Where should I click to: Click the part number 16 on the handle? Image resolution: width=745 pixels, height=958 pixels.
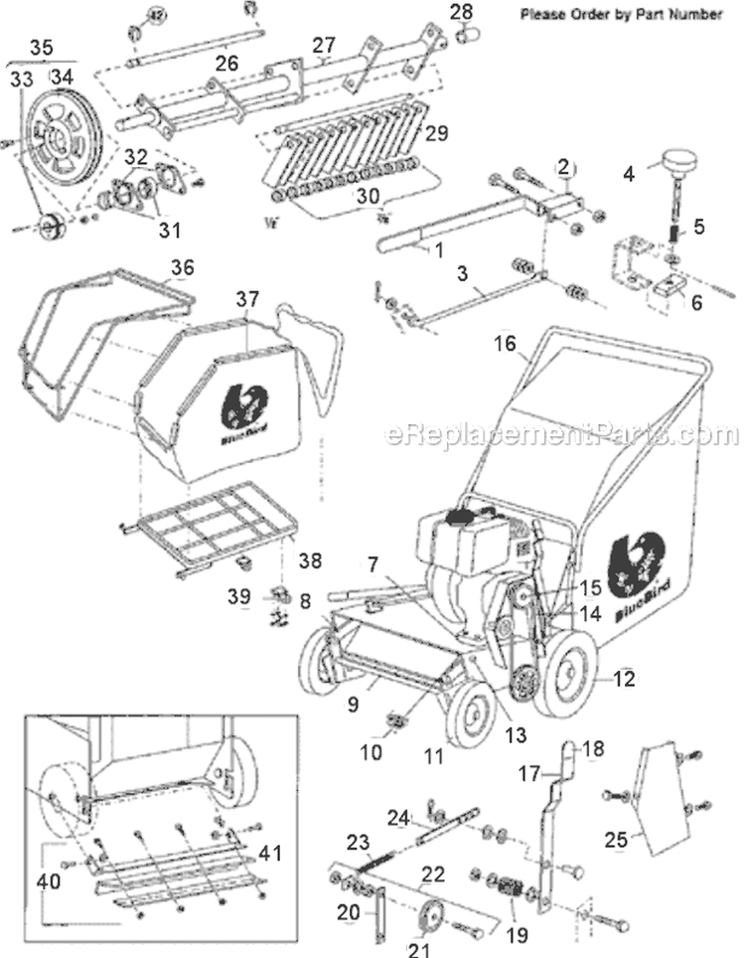pyautogui.click(x=506, y=344)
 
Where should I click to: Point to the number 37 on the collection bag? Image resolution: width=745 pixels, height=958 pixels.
pyautogui.click(x=246, y=298)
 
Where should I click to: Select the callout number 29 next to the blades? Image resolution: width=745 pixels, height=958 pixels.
pyautogui.click(x=437, y=132)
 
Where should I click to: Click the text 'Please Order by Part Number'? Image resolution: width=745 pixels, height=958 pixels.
pyautogui.click(x=621, y=15)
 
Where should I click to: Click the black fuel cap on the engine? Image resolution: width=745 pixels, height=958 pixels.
pyautogui.click(x=459, y=517)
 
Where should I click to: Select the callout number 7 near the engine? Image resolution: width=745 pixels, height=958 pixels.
pyautogui.click(x=372, y=564)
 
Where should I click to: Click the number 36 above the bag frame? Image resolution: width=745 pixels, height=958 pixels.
pyautogui.click(x=182, y=268)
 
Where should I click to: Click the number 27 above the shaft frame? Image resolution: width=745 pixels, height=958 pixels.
pyautogui.click(x=325, y=44)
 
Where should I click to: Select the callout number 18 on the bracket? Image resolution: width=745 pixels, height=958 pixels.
pyautogui.click(x=591, y=748)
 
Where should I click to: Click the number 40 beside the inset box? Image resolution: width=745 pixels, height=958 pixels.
pyautogui.click(x=47, y=880)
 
